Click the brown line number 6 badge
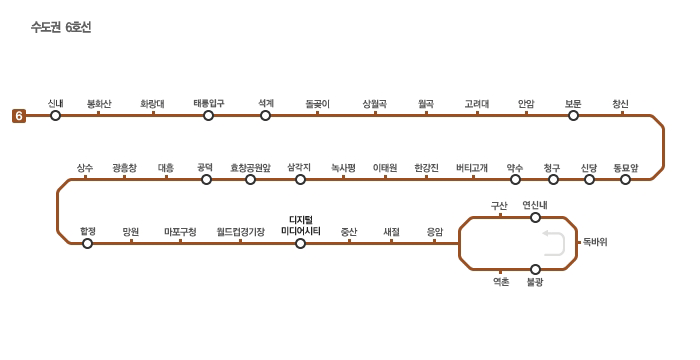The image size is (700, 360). point(19,116)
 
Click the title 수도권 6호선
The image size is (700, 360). point(61,27)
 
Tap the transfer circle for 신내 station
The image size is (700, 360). point(55,116)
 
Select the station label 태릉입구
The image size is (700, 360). point(209,104)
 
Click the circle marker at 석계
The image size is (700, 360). point(265,116)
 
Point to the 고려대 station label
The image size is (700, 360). point(477,104)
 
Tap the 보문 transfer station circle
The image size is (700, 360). point(573,116)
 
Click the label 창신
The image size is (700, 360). point(621,104)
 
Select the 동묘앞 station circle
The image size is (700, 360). point(625,180)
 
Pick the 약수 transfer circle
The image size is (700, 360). point(515,180)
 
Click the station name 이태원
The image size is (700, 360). point(385,168)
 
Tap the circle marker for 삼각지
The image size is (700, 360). point(300,180)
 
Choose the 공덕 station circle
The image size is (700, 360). point(206,180)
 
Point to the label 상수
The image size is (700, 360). point(85,168)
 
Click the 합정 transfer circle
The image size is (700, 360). point(88,243)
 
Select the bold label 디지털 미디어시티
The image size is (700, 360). point(301,226)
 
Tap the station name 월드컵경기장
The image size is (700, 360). point(241,232)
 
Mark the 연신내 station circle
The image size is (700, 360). point(535,218)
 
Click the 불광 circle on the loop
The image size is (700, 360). point(535,269)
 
